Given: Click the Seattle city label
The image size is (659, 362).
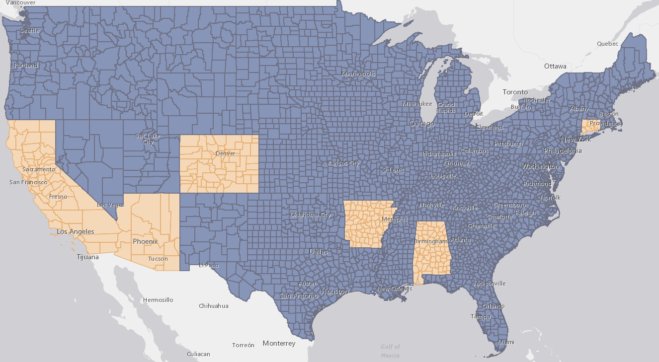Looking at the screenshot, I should pyautogui.click(x=29, y=31).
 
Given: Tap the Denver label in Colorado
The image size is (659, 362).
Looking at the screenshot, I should pyautogui.click(x=225, y=153).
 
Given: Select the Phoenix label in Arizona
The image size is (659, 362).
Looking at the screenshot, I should pyautogui.click(x=145, y=242).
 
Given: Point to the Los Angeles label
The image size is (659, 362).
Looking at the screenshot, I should pyautogui.click(x=76, y=232).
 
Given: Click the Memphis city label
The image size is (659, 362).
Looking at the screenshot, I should pyautogui.click(x=395, y=219).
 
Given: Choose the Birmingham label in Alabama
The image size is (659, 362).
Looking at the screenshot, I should pyautogui.click(x=431, y=241).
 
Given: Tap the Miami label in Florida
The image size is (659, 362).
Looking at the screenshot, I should pyautogui.click(x=506, y=342).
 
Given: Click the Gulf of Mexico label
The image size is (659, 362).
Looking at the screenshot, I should pyautogui.click(x=390, y=351).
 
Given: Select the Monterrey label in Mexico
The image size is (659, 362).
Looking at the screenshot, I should pyautogui.click(x=279, y=343).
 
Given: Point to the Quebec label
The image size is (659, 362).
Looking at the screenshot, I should pyautogui.click(x=607, y=44).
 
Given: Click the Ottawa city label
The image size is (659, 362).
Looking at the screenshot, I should pyautogui.click(x=555, y=66).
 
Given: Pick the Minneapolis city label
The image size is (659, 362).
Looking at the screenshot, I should pyautogui.click(x=358, y=74).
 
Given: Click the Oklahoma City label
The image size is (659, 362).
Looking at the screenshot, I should pyautogui.click(x=310, y=215).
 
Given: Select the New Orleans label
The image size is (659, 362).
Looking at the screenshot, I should pyautogui.click(x=395, y=289).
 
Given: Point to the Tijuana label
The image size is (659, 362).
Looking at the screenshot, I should pyautogui.click(x=87, y=257).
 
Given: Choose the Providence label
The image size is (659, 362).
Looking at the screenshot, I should pyautogui.click(x=605, y=123).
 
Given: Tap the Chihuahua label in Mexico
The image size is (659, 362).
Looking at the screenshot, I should pyautogui.click(x=214, y=306).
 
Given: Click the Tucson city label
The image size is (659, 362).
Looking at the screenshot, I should pyautogui.click(x=158, y=259).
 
